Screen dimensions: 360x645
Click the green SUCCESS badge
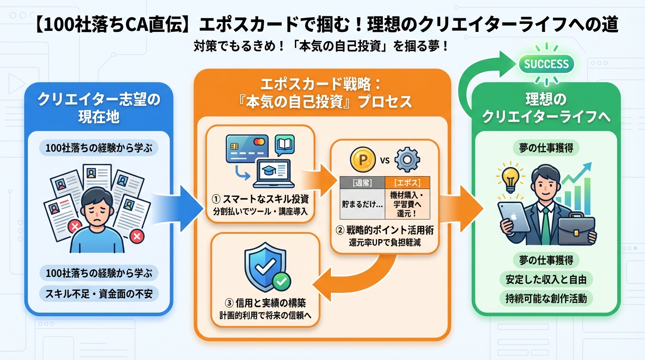click(546, 64)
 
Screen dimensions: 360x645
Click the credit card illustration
click(246, 149)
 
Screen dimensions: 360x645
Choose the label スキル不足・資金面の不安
click(98, 293)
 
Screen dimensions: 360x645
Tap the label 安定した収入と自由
click(546, 279)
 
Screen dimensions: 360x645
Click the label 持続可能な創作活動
click(546, 298)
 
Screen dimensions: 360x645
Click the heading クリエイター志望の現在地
click(98, 107)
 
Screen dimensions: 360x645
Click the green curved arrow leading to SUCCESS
click(473, 80)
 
